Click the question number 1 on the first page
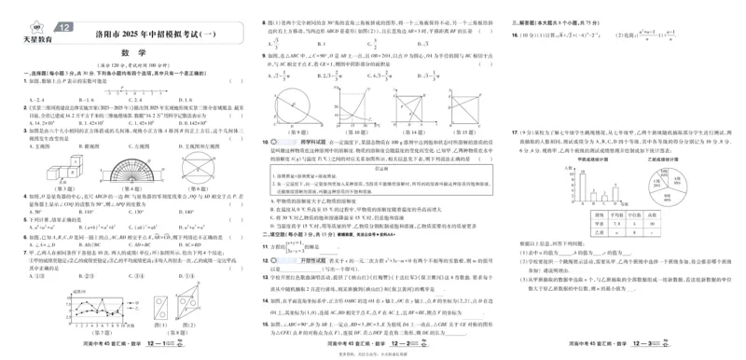click(25, 82)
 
